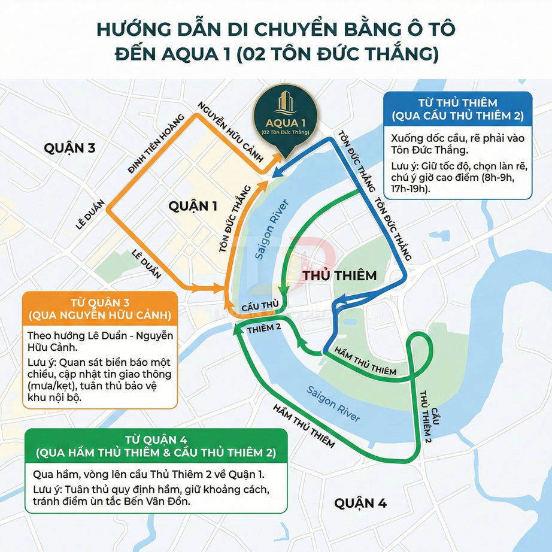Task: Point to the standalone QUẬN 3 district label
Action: [x=69, y=148]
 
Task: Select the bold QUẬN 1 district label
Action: [x=192, y=207]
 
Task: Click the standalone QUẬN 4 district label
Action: [x=360, y=503]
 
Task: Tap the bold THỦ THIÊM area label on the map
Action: [x=340, y=275]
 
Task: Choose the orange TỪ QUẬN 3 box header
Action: [x=99, y=308]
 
